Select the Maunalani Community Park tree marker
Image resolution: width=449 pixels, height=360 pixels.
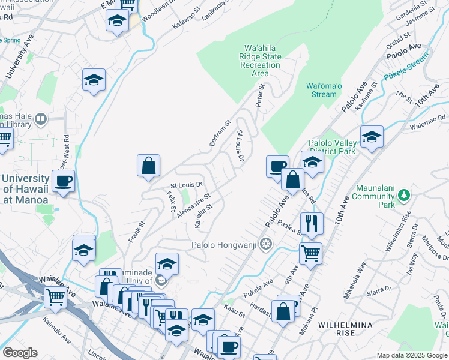405,195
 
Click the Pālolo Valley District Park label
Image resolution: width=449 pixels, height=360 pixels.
332,146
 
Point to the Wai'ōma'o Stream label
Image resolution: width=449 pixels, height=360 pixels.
324,90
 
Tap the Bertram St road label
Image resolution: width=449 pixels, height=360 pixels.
220,133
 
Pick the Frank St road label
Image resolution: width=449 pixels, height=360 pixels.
137,231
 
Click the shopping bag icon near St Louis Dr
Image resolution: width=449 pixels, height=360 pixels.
148,167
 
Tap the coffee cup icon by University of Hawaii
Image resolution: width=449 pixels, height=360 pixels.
63,181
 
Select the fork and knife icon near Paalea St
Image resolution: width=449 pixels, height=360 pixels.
311,224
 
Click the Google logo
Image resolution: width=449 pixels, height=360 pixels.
20,353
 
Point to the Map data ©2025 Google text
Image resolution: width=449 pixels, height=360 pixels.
412,355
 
